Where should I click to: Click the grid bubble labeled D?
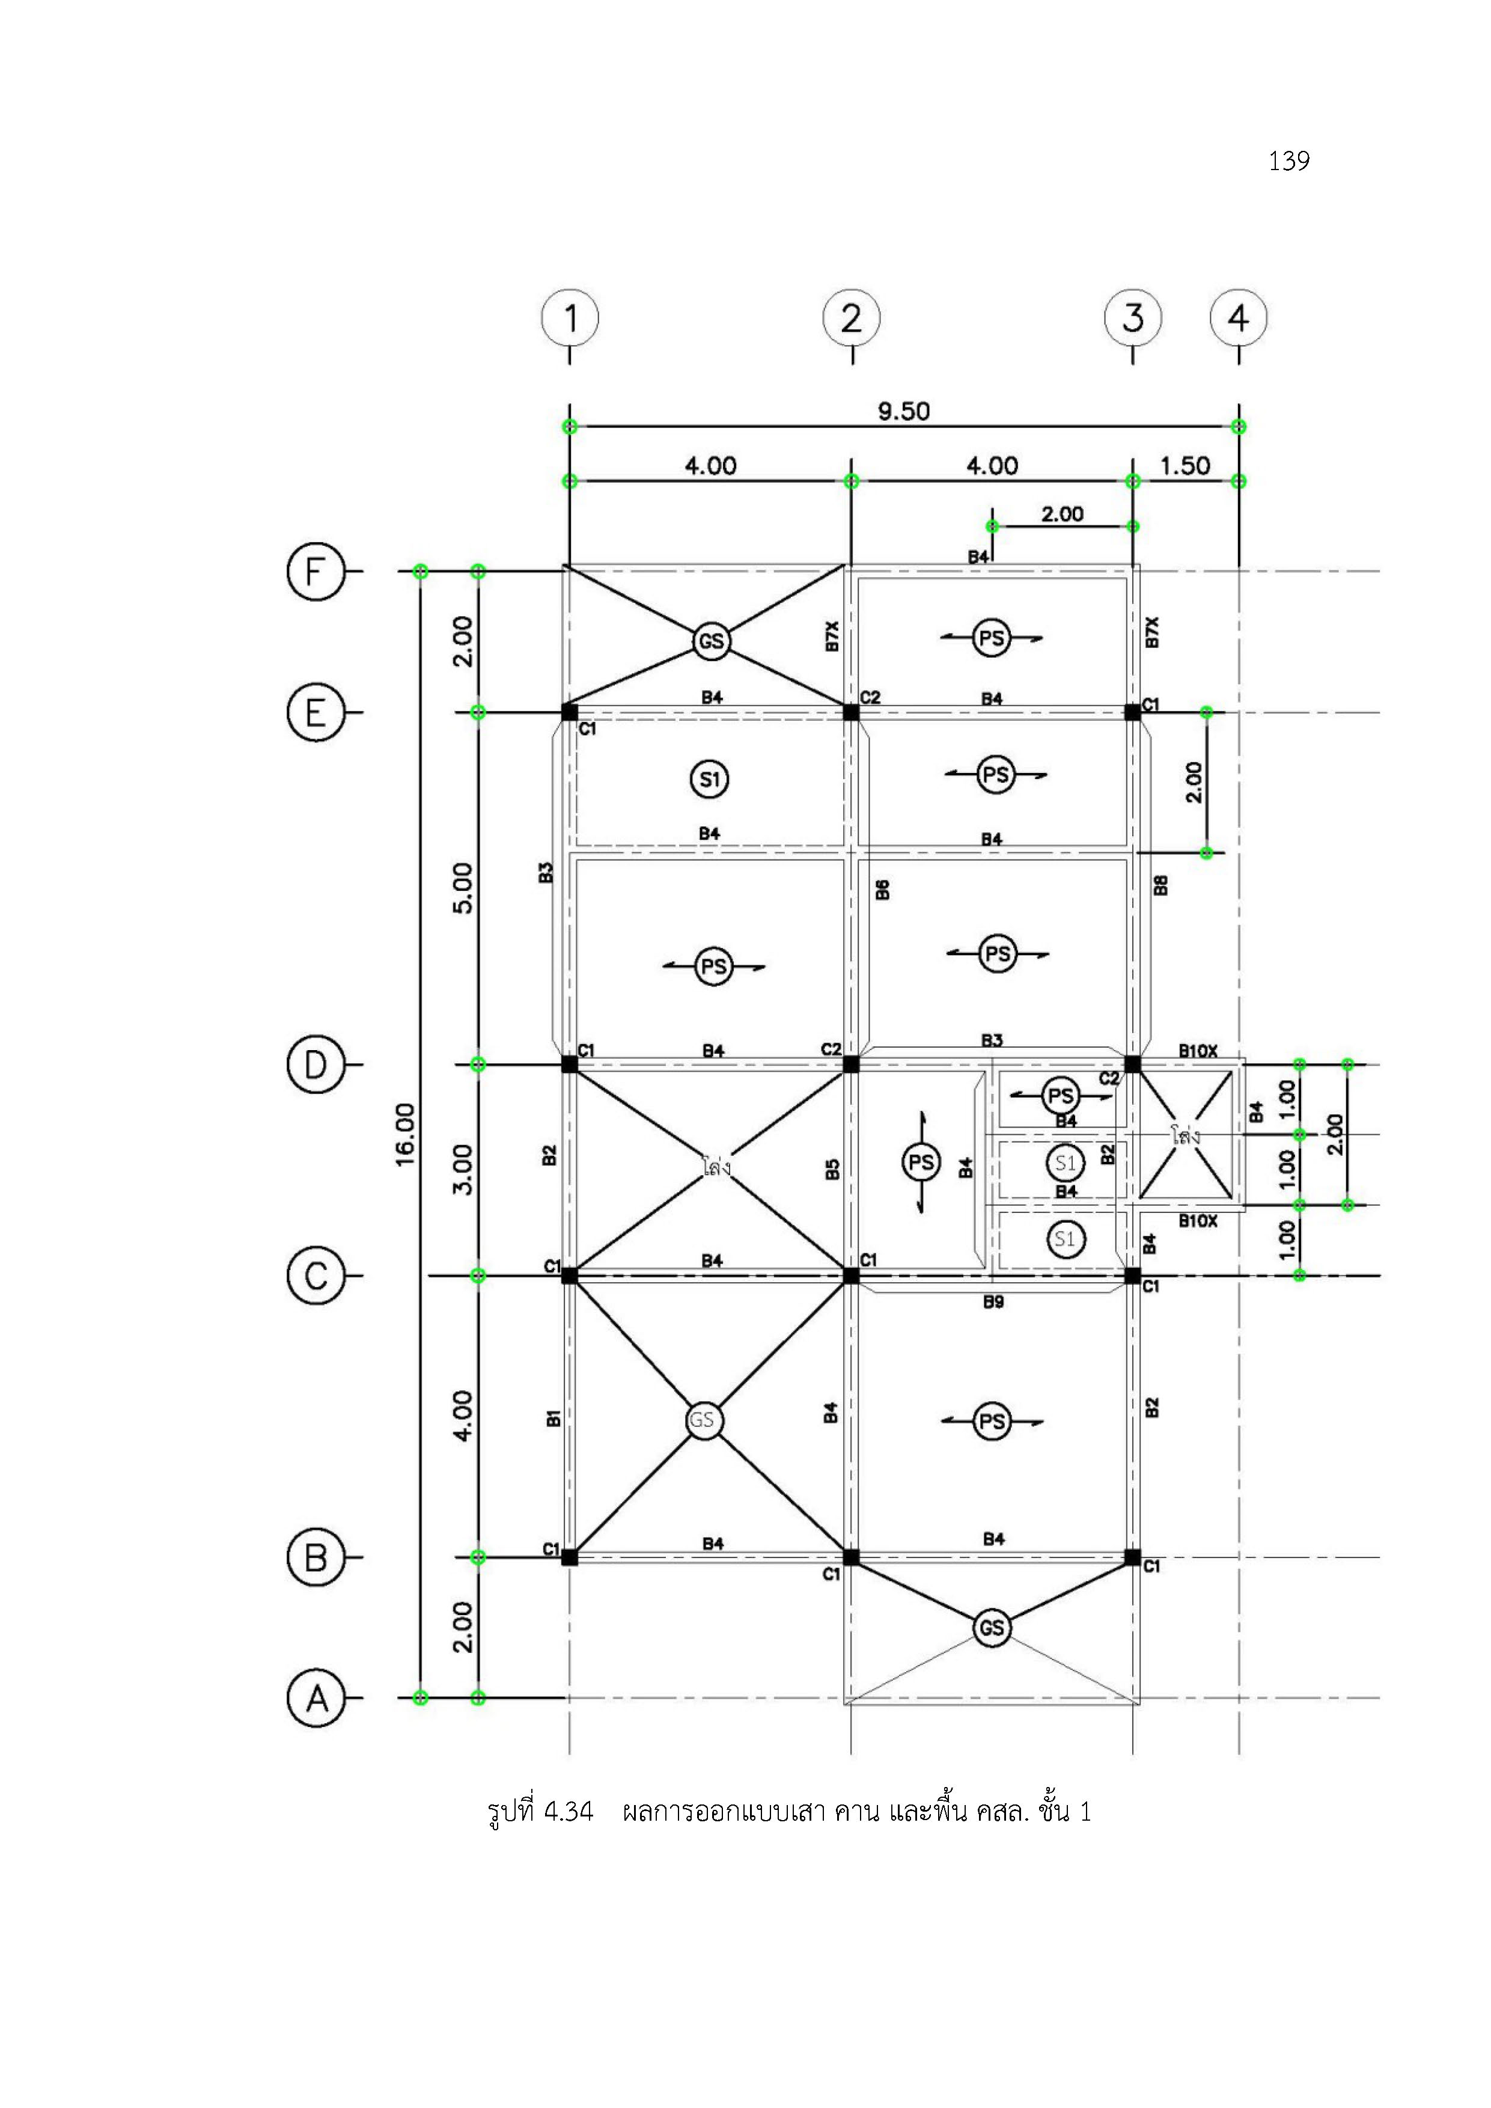[x=315, y=1065]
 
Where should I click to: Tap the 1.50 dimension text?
[x=1185, y=466]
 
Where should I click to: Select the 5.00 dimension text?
[x=463, y=888]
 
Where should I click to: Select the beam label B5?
[x=832, y=1170]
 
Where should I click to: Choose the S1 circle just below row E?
[x=709, y=780]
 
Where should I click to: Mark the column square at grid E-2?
[x=851, y=712]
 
